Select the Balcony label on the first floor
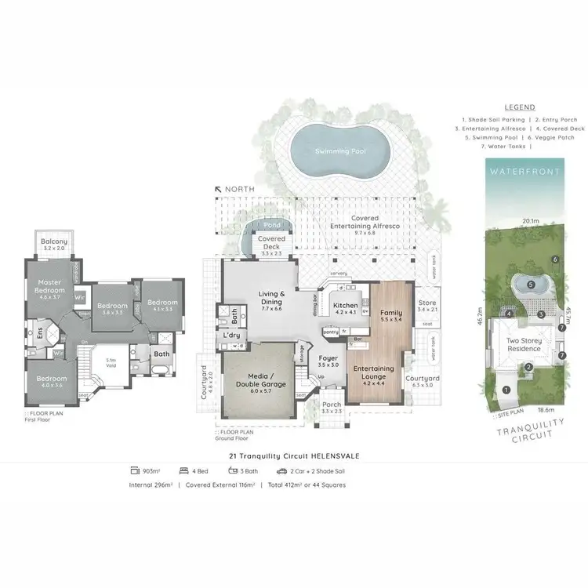[x=54, y=242]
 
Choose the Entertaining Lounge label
[x=374, y=372]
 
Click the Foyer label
[x=328, y=361]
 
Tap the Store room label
[x=426, y=304]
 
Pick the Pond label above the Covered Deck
[x=271, y=225]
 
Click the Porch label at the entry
[x=332, y=407]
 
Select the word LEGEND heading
[x=519, y=107]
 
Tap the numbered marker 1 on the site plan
[x=506, y=390]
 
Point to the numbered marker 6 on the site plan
[x=554, y=260]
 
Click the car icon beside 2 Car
[x=281, y=471]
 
